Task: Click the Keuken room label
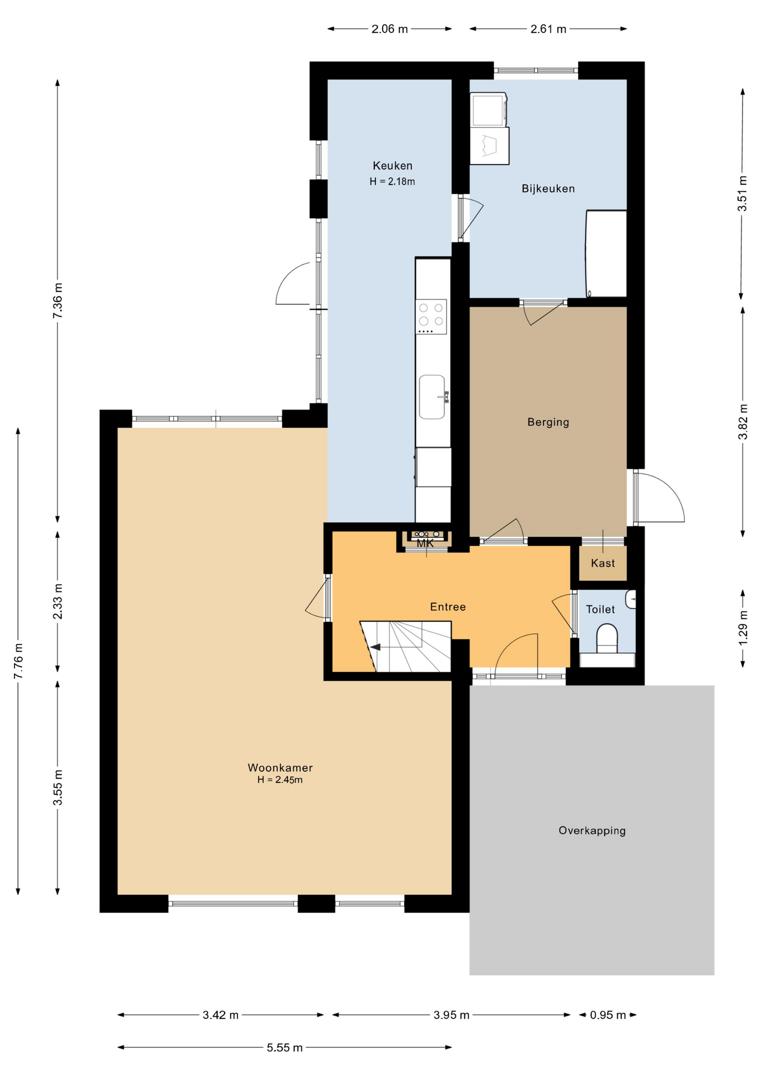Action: coord(392,166)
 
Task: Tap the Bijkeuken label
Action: coord(548,189)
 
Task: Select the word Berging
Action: coord(548,423)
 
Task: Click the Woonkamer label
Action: coord(280,768)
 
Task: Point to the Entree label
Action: coord(448,607)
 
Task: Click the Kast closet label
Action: coord(603,563)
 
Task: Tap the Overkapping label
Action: coord(592,831)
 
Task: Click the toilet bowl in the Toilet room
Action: coord(607,639)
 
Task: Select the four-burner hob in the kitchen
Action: coord(431,317)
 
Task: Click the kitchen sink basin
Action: coord(432,397)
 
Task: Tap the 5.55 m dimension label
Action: coord(285,1047)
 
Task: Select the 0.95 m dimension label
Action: coord(608,1015)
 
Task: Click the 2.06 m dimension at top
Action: coord(389,29)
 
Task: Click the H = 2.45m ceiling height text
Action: coord(280,780)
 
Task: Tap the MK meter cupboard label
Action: coord(425,544)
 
